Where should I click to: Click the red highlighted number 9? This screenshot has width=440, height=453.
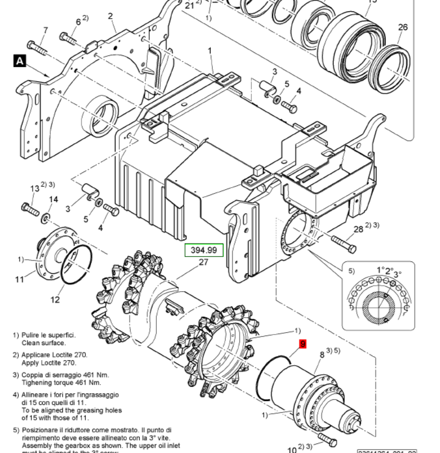click(x=302, y=344)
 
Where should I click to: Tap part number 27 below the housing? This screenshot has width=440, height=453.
click(x=203, y=263)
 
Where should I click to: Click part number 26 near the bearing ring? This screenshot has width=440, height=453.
click(x=403, y=27)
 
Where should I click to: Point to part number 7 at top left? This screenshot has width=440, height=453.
click(x=45, y=31)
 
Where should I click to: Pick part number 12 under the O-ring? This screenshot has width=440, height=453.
click(x=55, y=300)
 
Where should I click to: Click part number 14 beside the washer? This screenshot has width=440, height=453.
click(x=53, y=200)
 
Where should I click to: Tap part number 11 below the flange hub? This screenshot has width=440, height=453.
click(x=20, y=279)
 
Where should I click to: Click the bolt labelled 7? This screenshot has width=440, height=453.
click(x=38, y=48)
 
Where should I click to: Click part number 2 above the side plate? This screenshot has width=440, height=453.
click(x=111, y=16)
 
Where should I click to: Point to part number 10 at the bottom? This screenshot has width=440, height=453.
click(x=292, y=450)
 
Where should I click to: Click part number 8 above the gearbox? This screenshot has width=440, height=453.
click(x=322, y=355)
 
